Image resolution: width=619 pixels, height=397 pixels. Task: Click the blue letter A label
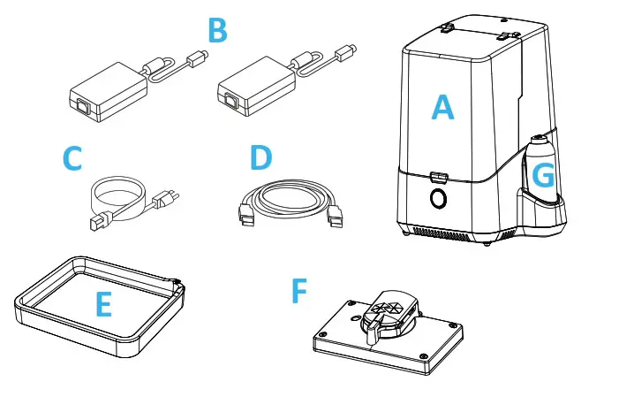pyautogui.click(x=442, y=108)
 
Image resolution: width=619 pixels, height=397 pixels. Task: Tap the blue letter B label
pyautogui.click(x=217, y=31)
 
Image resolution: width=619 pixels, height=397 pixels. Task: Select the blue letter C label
pyautogui.click(x=72, y=159)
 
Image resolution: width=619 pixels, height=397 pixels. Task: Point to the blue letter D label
pyautogui.click(x=260, y=159)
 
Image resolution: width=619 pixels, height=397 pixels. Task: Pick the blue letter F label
pyautogui.click(x=300, y=291)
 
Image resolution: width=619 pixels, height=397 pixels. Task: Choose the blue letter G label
pyautogui.click(x=545, y=177)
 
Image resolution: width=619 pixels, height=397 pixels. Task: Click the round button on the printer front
pyautogui.click(x=437, y=199)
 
